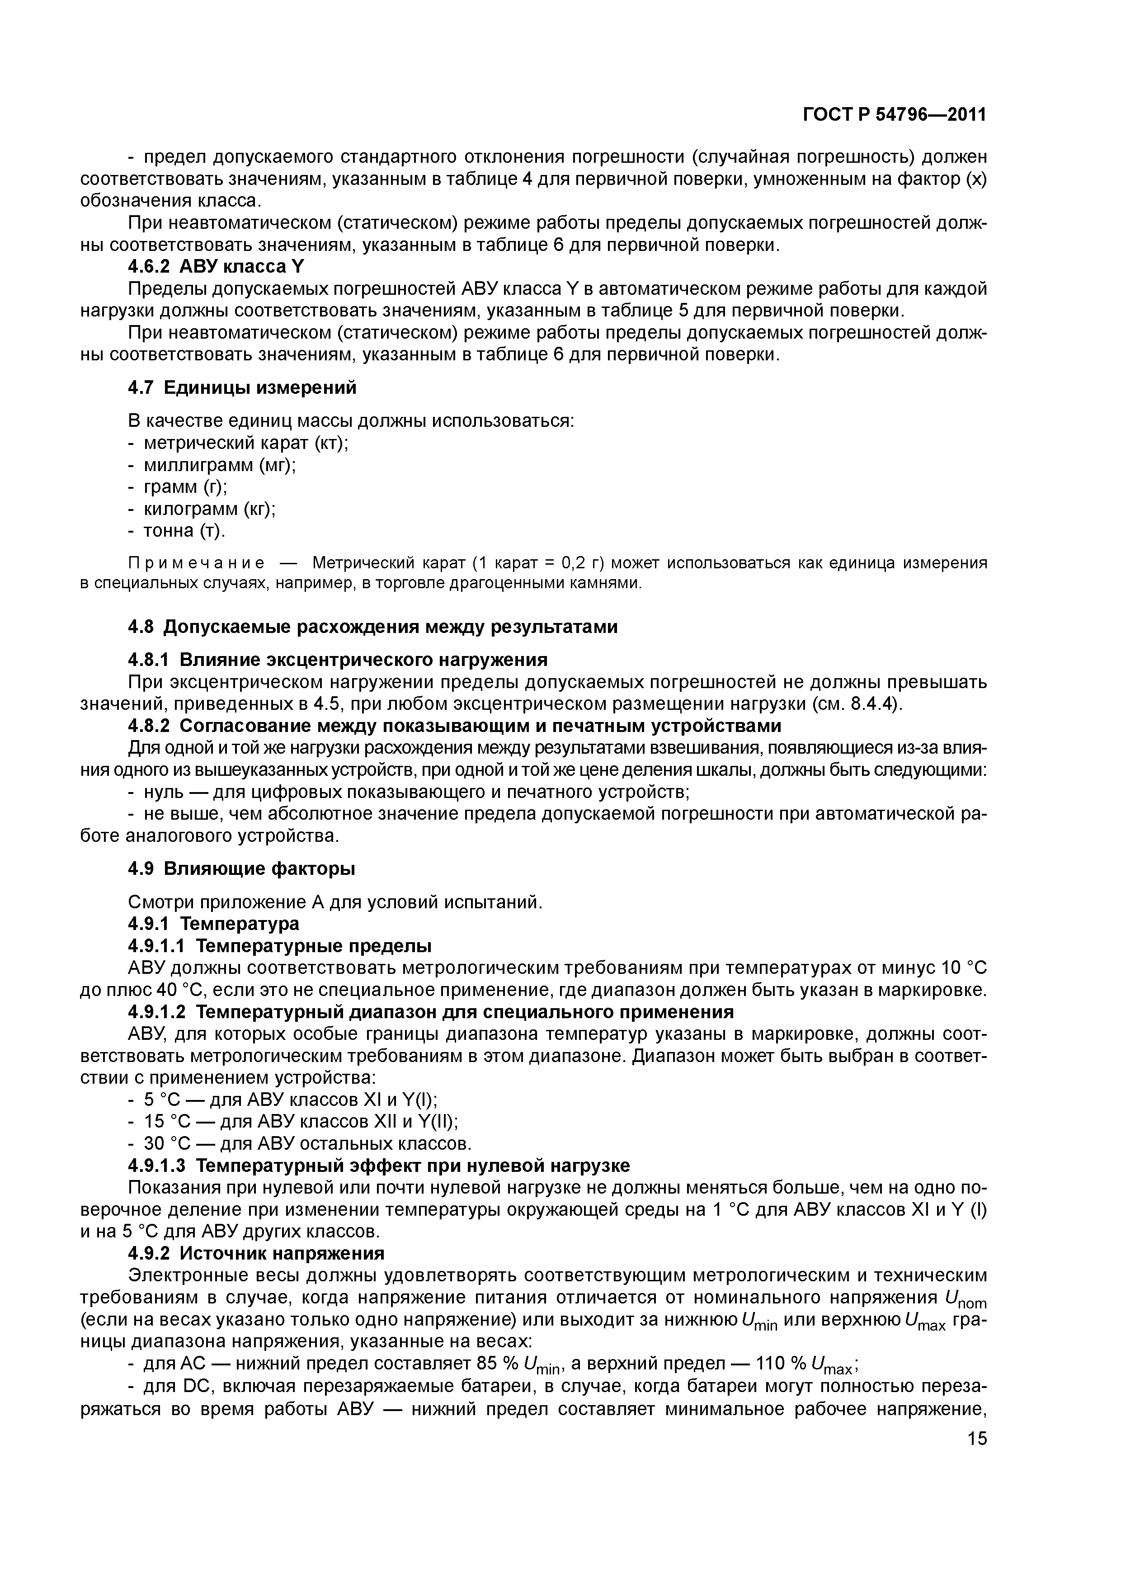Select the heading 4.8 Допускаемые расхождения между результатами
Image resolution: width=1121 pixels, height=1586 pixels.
pos(373,627)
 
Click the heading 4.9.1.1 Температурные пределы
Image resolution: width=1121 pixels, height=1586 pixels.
pos(280,946)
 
